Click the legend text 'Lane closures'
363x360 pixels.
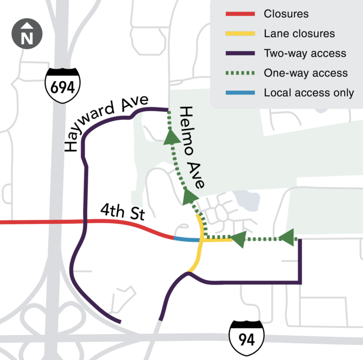299,34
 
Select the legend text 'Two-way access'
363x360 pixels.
305,53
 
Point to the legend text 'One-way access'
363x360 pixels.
306,73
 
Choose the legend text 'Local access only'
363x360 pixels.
309,93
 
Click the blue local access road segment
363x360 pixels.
186,239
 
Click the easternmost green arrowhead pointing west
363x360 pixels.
287,238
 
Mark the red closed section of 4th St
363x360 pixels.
83,222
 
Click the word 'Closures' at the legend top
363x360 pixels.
286,14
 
